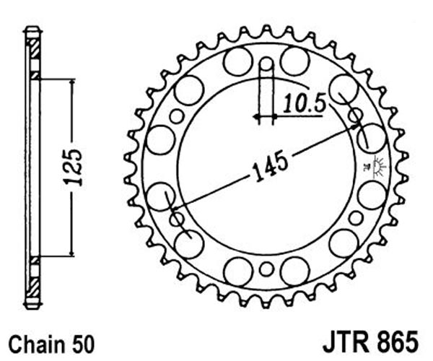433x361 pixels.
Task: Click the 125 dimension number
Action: [73, 168]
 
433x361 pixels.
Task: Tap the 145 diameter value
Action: [271, 167]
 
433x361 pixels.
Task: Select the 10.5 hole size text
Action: [305, 103]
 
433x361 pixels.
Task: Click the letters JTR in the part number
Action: [346, 341]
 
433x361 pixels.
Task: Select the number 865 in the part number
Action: [398, 341]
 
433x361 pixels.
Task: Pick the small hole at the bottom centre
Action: [266, 269]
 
